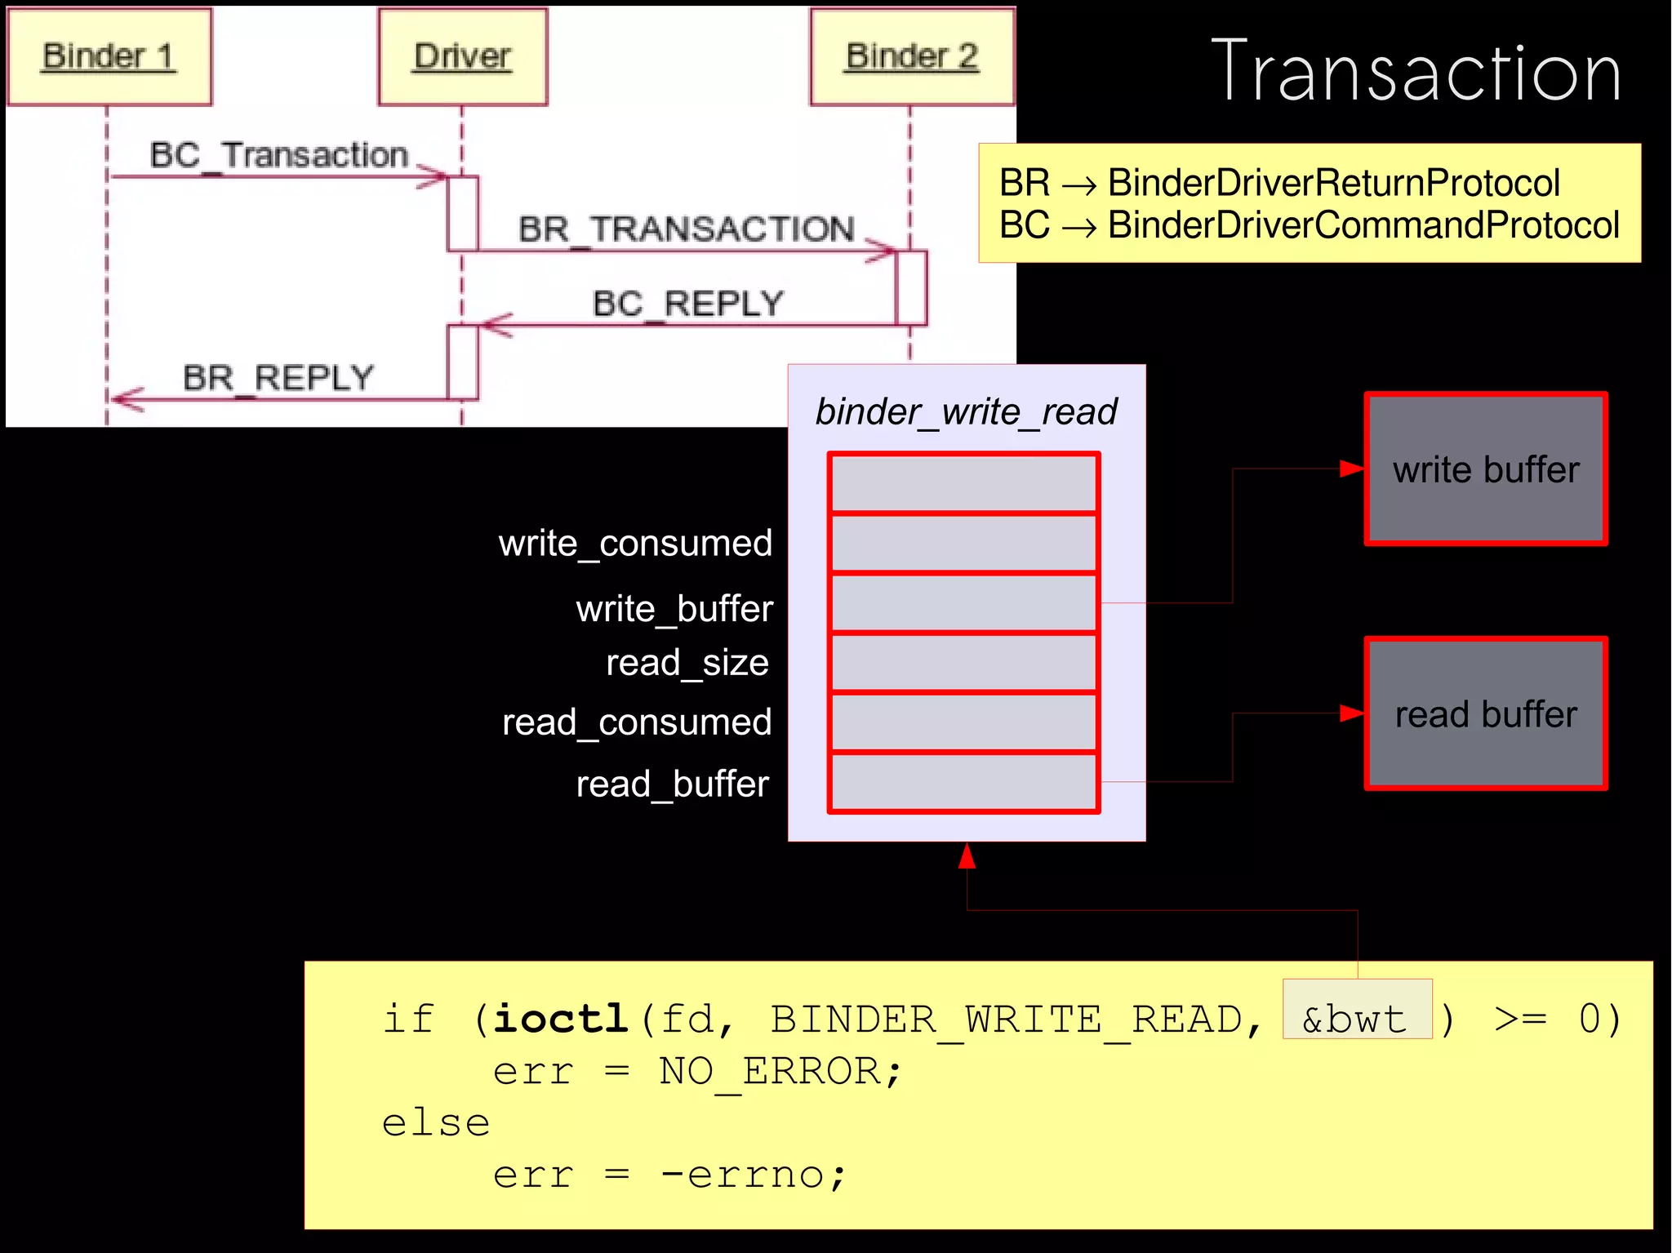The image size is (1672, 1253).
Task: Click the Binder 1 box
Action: tap(109, 57)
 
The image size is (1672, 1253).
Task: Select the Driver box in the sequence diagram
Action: tap(462, 57)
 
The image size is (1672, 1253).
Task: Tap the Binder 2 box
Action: tap(912, 57)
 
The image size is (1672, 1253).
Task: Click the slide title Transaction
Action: tap(1416, 73)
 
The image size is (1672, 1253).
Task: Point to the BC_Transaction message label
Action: tap(278, 155)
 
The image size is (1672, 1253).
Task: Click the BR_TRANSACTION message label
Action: tap(686, 229)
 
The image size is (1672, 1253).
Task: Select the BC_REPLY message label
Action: tap(687, 304)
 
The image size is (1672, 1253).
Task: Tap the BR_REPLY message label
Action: tap(278, 378)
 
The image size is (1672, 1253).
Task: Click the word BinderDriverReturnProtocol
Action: tap(1333, 183)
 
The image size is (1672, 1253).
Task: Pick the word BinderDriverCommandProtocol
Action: tap(1363, 225)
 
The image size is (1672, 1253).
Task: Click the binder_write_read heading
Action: tap(966, 411)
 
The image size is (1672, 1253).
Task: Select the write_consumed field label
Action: tap(635, 544)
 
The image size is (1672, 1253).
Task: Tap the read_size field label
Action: tap(687, 662)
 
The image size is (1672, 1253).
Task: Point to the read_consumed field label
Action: tap(636, 722)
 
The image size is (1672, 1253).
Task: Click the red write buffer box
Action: tap(1485, 469)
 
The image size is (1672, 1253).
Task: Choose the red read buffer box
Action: tap(1485, 714)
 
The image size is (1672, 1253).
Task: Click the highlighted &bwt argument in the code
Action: tap(1356, 1019)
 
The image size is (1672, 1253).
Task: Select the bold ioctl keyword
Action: tap(560, 1019)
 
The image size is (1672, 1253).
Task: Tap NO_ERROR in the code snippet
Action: tap(770, 1071)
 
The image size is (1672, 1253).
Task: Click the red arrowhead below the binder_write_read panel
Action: tap(967, 856)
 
